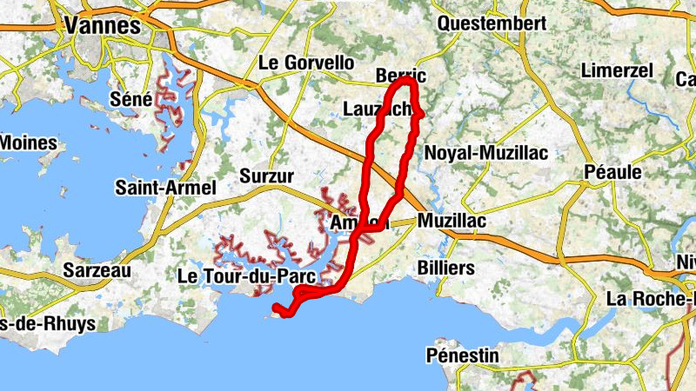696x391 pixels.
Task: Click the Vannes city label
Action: (x=102, y=26)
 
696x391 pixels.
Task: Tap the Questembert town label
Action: (x=492, y=23)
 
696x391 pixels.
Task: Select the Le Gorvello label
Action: (x=307, y=63)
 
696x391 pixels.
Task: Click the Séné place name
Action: (x=131, y=99)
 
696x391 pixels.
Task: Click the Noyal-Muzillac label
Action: (x=485, y=153)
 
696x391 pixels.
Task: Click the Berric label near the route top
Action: (x=399, y=76)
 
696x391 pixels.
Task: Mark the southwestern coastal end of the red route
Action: (x=277, y=308)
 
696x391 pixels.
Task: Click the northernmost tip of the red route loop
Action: (x=406, y=81)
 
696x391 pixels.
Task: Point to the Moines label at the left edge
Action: (x=28, y=142)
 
